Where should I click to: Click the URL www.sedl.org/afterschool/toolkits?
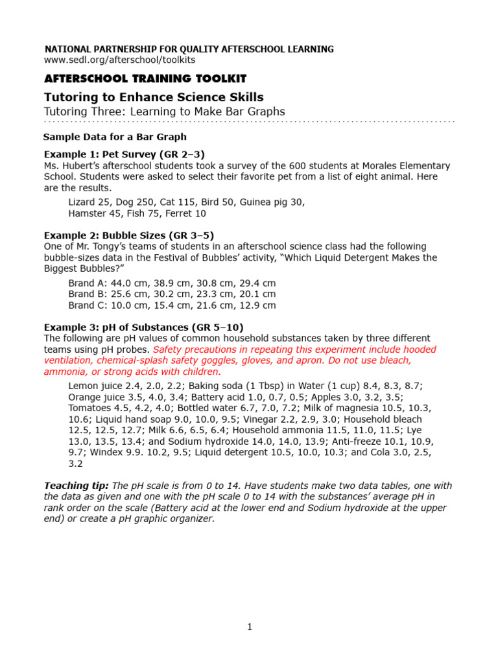119,60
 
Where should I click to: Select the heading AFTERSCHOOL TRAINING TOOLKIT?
145,78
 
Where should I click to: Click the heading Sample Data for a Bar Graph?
115,137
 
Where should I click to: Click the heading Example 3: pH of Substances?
143,327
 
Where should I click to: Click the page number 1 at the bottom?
249,626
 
